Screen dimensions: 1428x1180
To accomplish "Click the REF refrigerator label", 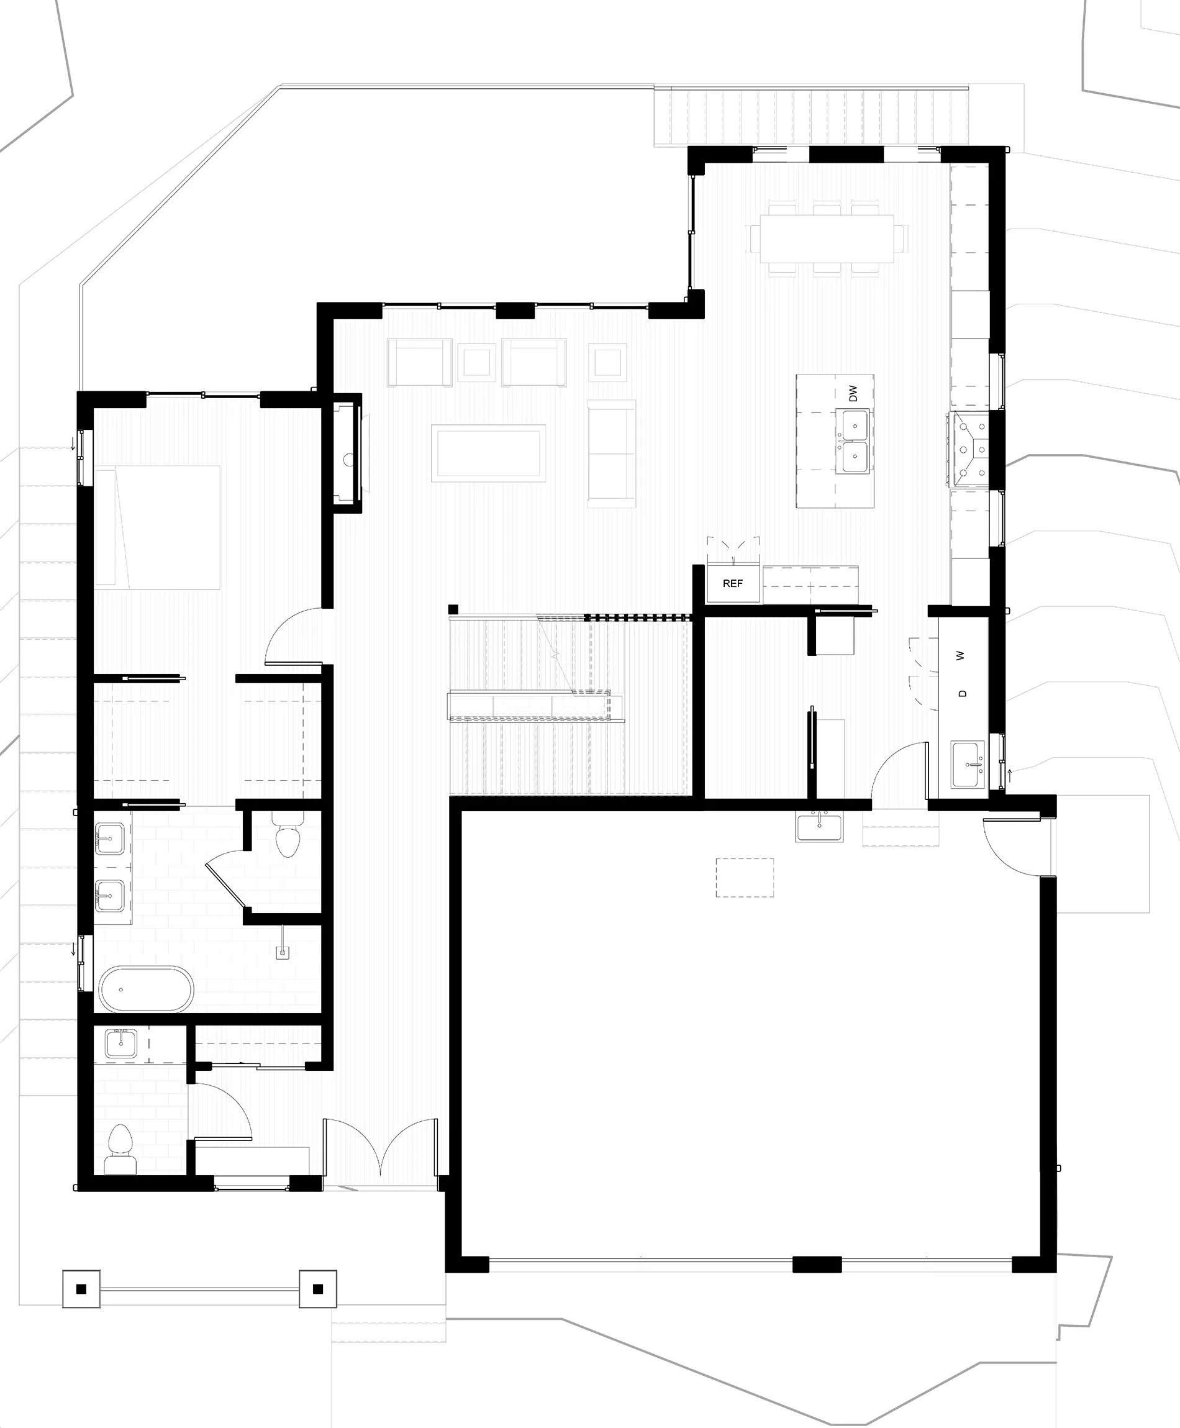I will pos(732,583).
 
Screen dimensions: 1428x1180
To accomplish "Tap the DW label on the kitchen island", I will pos(853,393).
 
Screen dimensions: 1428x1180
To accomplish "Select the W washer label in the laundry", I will pos(960,656).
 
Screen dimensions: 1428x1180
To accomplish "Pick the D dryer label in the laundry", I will pos(962,693).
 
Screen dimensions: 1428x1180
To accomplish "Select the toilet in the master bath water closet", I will pos(288,838).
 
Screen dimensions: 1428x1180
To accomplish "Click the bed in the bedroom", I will pos(158,527).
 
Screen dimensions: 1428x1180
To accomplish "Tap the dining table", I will pos(826,239).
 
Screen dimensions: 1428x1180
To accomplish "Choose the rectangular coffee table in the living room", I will pos(489,453).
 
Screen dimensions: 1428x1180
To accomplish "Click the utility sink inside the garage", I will pos(819,827).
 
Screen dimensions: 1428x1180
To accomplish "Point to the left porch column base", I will pos(81,1288).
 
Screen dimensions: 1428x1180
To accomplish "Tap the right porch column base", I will pos(317,1288).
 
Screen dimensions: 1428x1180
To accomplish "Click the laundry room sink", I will pos(969,765).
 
